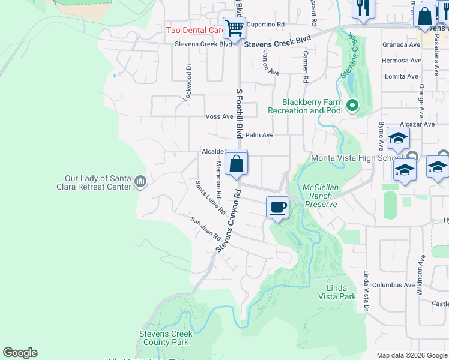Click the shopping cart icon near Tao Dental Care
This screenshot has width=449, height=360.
pos(234,28)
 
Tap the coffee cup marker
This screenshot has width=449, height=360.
pos(277,208)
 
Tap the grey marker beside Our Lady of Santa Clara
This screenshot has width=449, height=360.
pos(141,181)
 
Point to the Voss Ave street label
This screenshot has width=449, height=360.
pos(219,116)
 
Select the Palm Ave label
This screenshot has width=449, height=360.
pos(259,136)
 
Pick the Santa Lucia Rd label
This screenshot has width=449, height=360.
pos(210,197)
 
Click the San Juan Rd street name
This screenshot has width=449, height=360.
pos(206,229)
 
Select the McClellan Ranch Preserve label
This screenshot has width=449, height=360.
pos(320,196)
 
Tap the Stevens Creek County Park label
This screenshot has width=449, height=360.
pos(166,338)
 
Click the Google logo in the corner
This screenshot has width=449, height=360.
pos(20,353)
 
